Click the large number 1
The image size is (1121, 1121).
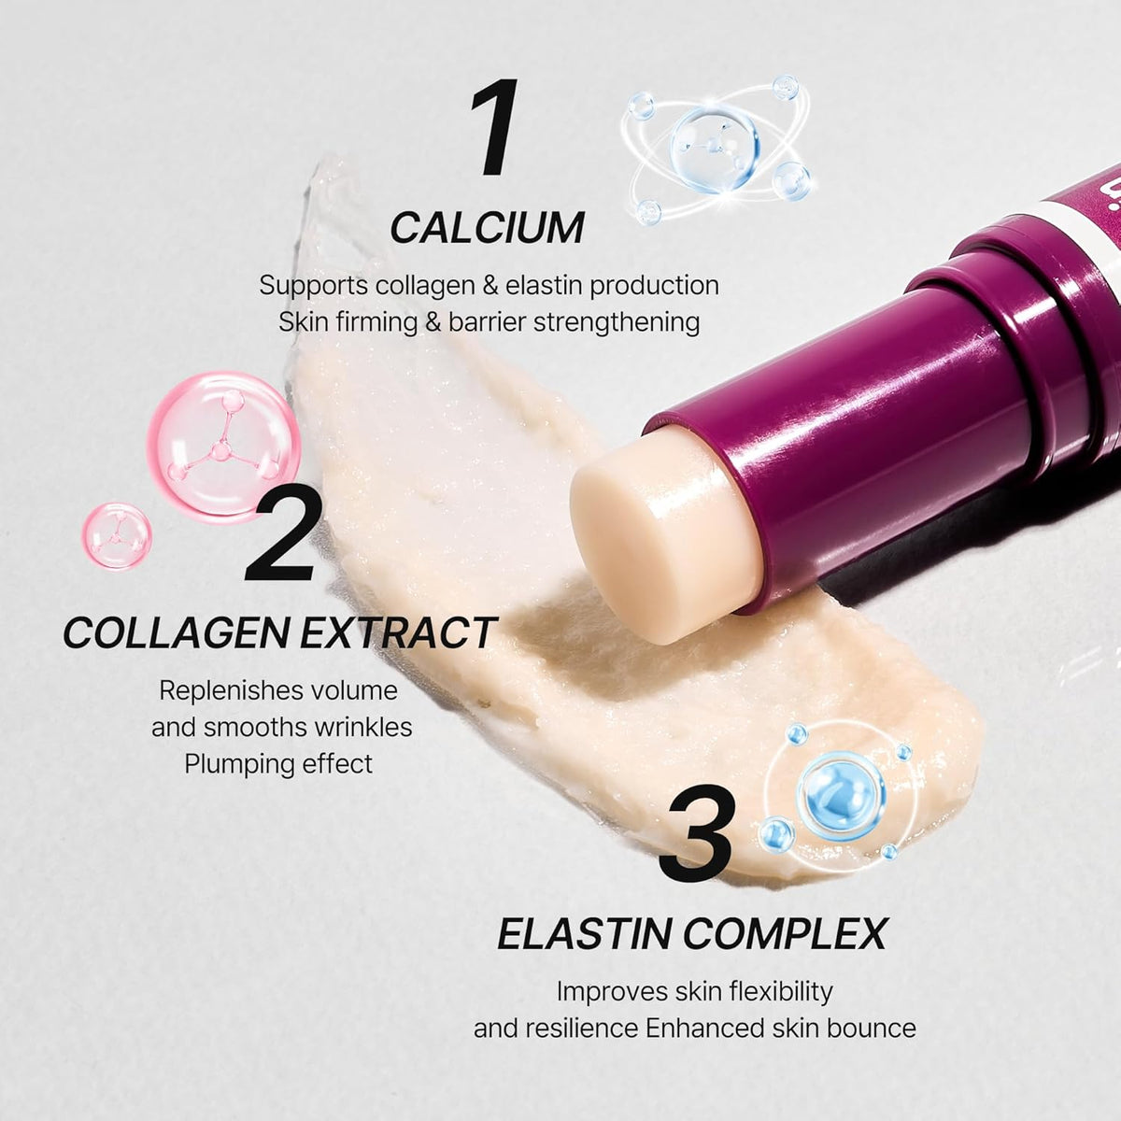click(x=495, y=127)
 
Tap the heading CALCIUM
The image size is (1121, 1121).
click(x=488, y=228)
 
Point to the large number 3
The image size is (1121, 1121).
click(x=696, y=832)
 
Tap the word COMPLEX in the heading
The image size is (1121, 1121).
click(x=785, y=933)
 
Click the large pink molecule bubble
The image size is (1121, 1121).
click(x=224, y=448)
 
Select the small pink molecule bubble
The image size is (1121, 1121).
click(x=117, y=536)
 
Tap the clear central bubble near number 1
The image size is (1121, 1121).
click(x=715, y=149)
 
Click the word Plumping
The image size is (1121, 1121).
click(x=231, y=764)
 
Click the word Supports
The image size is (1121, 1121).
click(x=314, y=286)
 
